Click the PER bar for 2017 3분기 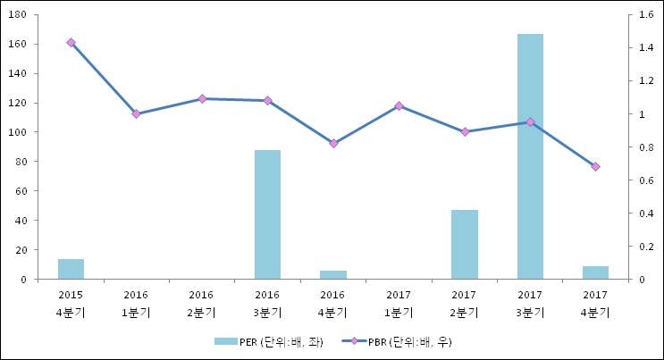530,156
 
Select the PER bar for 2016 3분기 267,214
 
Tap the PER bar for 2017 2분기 464,244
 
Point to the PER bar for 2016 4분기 332,274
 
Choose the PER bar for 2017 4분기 595,272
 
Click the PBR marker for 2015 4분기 71,42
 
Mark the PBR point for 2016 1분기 136,114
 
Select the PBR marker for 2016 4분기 333,143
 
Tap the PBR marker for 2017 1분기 399,105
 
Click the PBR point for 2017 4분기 595,166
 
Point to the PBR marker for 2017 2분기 465,131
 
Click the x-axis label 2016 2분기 202,303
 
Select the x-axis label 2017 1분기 399,303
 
